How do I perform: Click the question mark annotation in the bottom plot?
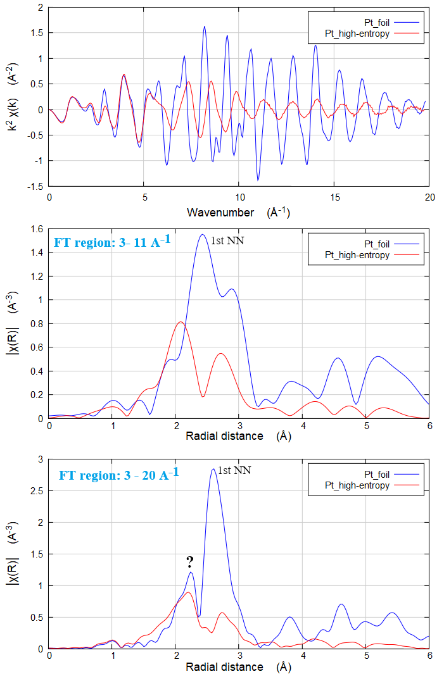pos(189,562)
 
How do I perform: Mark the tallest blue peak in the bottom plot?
pos(213,469)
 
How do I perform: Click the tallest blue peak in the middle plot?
pos(202,235)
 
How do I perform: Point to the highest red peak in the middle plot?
pos(181,322)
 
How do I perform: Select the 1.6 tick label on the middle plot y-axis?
pos(37,228)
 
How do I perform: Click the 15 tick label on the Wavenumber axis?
pos(334,197)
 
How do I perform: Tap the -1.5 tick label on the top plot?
pos(34,187)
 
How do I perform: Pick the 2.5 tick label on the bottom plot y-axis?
pos(37,490)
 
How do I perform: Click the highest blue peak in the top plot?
pos(205,27)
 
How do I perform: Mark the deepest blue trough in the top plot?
pos(258,180)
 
